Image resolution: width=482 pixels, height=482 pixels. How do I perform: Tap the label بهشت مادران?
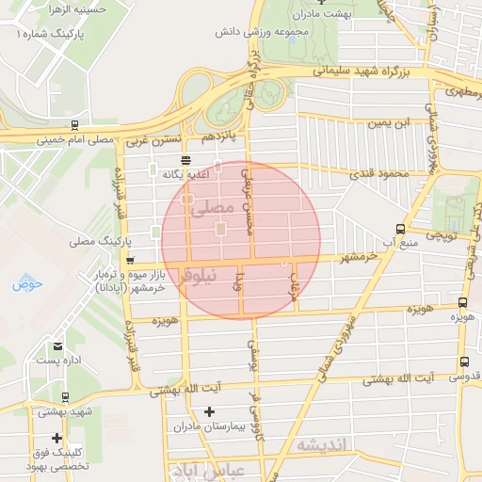(x=321, y=16)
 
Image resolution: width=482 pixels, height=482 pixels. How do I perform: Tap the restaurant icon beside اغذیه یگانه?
(x=185, y=160)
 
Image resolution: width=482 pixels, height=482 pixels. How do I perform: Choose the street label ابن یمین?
(x=390, y=123)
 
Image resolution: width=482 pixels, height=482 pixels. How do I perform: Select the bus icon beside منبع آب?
(x=401, y=229)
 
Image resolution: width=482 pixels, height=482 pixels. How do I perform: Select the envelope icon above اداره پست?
(x=59, y=346)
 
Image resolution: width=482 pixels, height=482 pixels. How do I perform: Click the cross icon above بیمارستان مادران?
(x=209, y=411)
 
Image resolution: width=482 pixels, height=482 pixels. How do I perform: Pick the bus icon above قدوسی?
(x=464, y=362)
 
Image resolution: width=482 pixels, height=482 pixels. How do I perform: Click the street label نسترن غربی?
(x=152, y=141)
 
